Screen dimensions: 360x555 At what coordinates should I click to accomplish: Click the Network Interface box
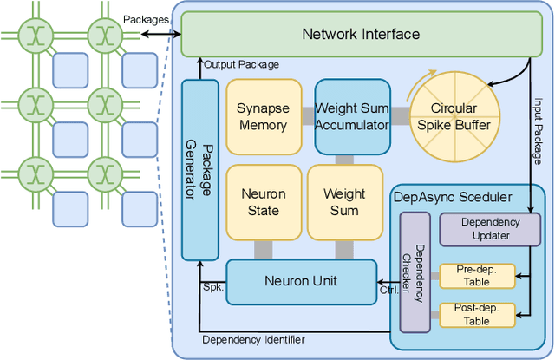coord(360,35)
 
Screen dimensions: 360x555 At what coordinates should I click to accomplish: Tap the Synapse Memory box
coord(262,116)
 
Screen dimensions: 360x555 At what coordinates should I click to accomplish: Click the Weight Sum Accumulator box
coord(352,116)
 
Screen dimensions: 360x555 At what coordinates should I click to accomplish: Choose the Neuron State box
coord(263,202)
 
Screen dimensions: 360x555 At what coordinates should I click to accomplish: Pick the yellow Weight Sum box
coord(344,202)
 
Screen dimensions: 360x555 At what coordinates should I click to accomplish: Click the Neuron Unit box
coord(301,281)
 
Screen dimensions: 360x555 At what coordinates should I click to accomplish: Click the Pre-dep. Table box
coord(477,276)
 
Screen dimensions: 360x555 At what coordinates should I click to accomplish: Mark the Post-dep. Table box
coord(477,313)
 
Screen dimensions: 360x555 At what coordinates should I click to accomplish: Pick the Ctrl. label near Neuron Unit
coord(388,291)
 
